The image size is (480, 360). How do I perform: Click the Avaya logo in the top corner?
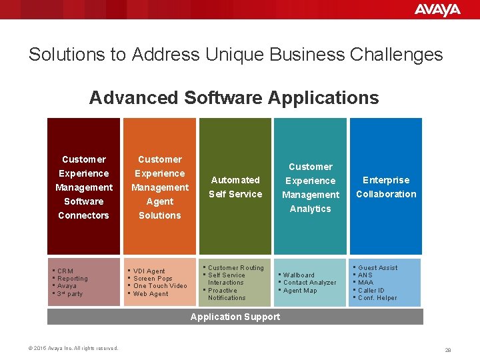click(x=437, y=9)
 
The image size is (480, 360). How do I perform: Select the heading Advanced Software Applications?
click(x=234, y=98)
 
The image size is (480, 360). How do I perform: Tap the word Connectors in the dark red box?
click(x=83, y=215)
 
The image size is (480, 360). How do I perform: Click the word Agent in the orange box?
click(x=159, y=201)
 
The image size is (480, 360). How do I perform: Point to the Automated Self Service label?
click(x=235, y=187)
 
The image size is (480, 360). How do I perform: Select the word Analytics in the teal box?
click(x=310, y=209)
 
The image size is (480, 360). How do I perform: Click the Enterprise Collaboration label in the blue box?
click(x=386, y=187)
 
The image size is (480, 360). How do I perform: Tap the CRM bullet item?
click(x=65, y=271)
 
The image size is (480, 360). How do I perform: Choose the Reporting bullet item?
click(x=72, y=279)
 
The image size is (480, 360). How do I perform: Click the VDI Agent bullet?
click(x=149, y=271)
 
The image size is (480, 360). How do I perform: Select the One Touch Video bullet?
click(x=160, y=286)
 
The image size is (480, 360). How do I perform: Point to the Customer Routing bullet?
click(x=235, y=268)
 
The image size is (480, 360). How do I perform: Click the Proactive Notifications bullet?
click(x=226, y=294)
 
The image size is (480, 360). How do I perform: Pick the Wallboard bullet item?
click(x=299, y=275)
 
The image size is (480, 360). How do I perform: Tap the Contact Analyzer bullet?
click(x=309, y=283)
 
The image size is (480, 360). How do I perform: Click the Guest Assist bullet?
click(x=377, y=268)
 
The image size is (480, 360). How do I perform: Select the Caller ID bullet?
click(x=371, y=291)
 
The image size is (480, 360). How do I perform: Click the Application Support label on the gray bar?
click(x=235, y=317)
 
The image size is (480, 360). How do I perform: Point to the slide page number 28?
click(x=448, y=349)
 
